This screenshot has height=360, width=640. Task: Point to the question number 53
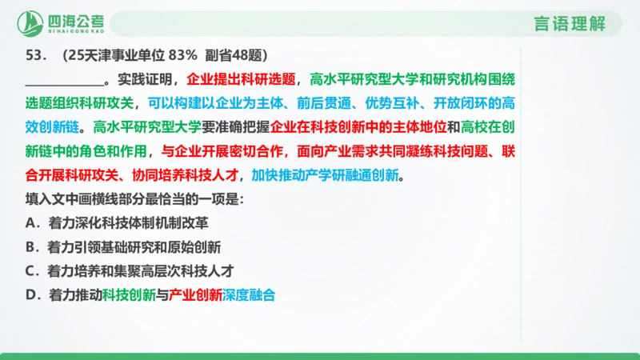[x=35, y=56]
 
